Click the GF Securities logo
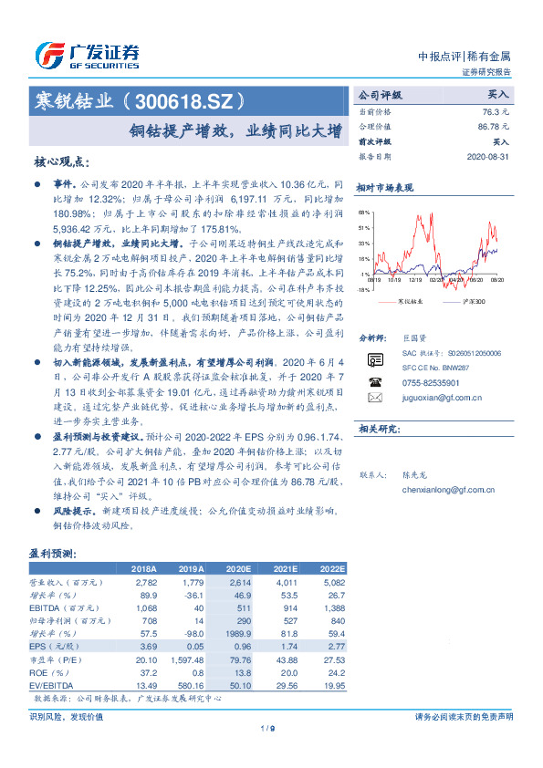[88, 54]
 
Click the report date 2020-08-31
[489, 157]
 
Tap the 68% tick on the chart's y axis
[365, 211]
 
